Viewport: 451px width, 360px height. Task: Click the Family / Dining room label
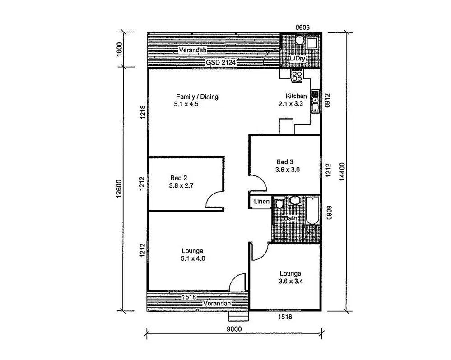[x=197, y=97]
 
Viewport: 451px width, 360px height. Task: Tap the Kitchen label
[x=296, y=96]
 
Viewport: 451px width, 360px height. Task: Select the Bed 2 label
[x=179, y=178]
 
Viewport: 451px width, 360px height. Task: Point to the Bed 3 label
[x=285, y=162]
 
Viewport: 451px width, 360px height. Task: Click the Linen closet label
[x=261, y=201]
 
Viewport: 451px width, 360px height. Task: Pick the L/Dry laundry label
[x=298, y=58]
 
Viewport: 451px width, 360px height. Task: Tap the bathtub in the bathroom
[x=312, y=210]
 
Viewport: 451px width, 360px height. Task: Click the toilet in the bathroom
[x=279, y=203]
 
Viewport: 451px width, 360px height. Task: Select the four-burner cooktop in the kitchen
[x=297, y=76]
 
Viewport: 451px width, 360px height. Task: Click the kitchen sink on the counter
[x=316, y=104]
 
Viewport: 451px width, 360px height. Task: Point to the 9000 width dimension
[x=234, y=329]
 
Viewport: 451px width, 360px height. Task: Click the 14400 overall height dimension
[x=342, y=171]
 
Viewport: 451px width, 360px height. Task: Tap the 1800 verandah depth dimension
[x=119, y=50]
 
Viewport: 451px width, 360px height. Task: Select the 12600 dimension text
[x=119, y=189]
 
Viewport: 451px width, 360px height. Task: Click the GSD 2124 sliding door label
[x=221, y=62]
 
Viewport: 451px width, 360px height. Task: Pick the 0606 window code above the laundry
[x=302, y=28]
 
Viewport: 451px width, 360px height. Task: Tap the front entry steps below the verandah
[x=238, y=316]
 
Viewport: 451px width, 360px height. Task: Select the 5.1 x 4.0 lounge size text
[x=193, y=258]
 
